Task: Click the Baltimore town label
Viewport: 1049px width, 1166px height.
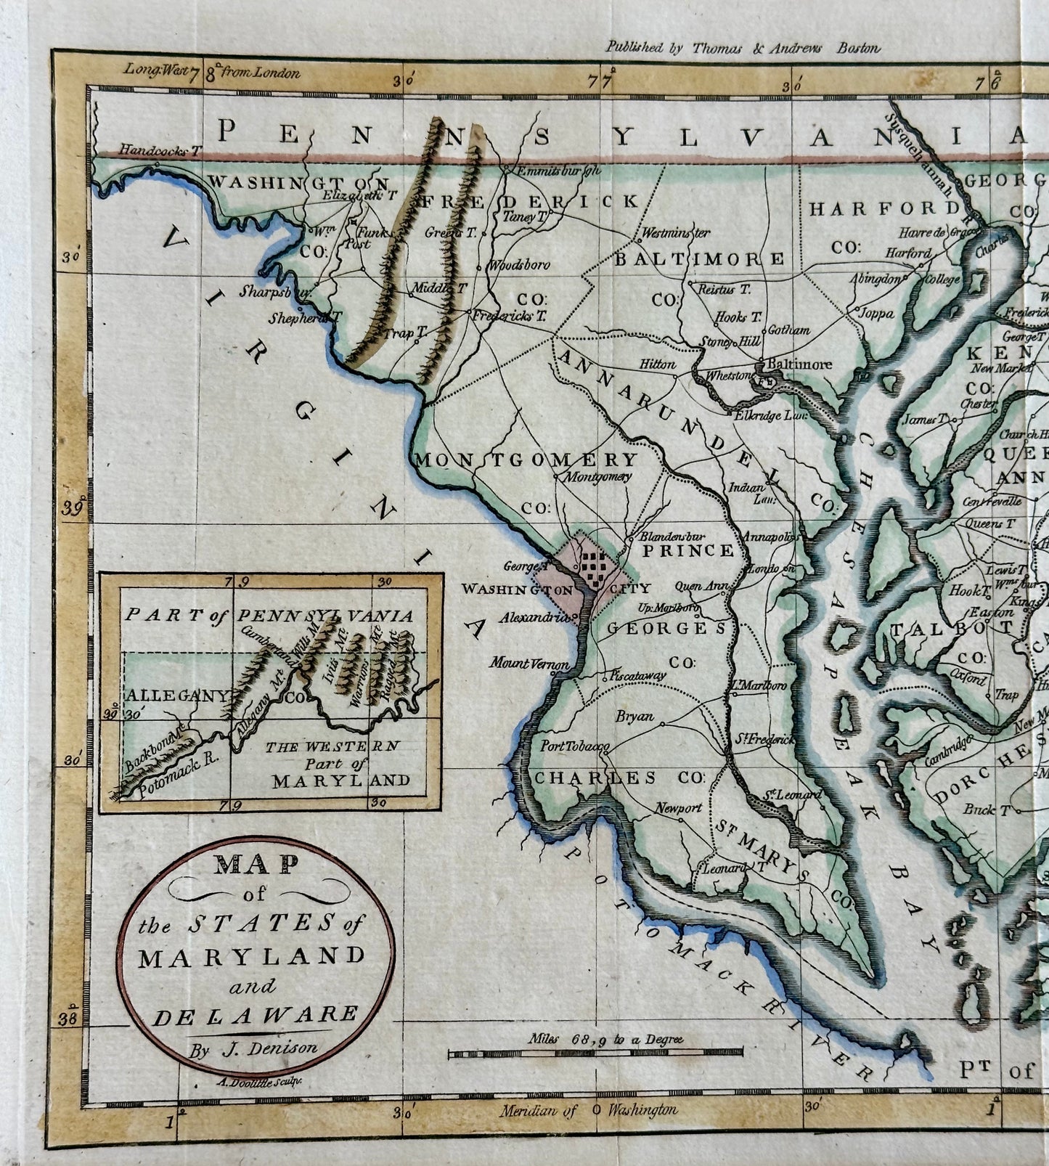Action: pyautogui.click(x=801, y=364)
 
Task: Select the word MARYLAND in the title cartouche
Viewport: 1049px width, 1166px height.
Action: pyautogui.click(x=252, y=955)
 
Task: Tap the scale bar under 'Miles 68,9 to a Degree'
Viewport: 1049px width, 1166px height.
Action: pyautogui.click(x=595, y=1052)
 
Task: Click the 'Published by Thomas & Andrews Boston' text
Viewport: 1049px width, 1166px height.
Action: pyautogui.click(x=743, y=49)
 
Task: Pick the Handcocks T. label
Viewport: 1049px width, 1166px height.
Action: pyautogui.click(x=159, y=151)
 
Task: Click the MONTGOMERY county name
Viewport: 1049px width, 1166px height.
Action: pyautogui.click(x=526, y=460)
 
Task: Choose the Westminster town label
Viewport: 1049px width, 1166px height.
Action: pyautogui.click(x=674, y=234)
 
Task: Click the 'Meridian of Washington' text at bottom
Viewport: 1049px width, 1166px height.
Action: pyautogui.click(x=589, y=1110)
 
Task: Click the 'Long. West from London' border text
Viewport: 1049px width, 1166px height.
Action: pyautogui.click(x=211, y=72)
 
